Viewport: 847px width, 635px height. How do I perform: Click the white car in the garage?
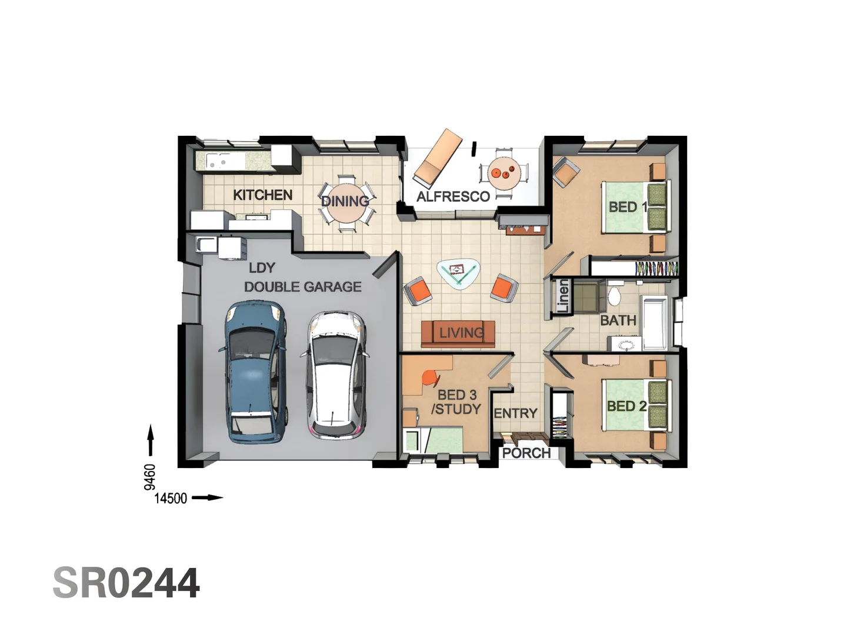[x=334, y=375]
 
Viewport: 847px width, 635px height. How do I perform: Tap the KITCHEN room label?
[x=262, y=195]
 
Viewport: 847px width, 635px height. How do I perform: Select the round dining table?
[x=346, y=201]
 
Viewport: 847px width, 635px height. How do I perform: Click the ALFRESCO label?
[x=453, y=197]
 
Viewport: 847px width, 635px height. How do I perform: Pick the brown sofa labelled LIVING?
[x=458, y=333]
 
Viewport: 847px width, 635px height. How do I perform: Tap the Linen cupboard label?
[x=563, y=296]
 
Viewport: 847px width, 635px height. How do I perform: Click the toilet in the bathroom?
[x=614, y=295]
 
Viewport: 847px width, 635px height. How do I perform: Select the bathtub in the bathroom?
[x=654, y=323]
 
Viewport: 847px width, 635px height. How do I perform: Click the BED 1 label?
[x=627, y=207]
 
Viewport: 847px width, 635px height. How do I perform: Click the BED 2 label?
[x=626, y=406]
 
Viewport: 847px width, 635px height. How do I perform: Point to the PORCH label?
[x=526, y=453]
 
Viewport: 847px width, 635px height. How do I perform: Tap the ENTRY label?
[x=515, y=414]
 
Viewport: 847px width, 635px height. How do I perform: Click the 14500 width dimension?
[x=171, y=499]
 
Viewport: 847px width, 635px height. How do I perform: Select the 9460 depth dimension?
[x=150, y=476]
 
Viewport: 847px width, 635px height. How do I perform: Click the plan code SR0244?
[x=126, y=583]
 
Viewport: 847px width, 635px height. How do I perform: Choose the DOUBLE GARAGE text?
[x=303, y=287]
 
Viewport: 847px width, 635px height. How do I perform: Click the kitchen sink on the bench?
[x=217, y=161]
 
